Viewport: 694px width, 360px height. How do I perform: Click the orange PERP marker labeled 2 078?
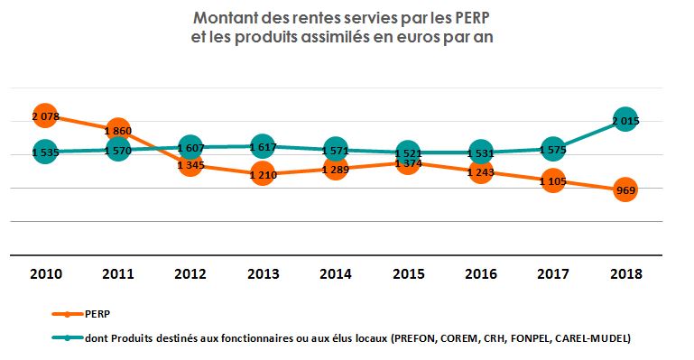pyautogui.click(x=45, y=116)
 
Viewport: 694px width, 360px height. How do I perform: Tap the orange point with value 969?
pyautogui.click(x=625, y=190)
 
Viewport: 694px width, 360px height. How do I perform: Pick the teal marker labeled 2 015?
pyautogui.click(x=625, y=120)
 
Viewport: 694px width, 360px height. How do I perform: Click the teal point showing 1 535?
pyautogui.click(x=45, y=152)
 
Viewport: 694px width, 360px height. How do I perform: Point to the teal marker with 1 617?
pyautogui.click(x=263, y=146)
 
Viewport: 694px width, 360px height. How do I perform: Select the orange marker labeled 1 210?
pyautogui.click(x=263, y=174)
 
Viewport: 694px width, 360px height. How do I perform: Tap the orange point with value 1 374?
pyautogui.click(x=408, y=163)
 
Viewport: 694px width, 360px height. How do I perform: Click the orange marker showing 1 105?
pyautogui.click(x=552, y=181)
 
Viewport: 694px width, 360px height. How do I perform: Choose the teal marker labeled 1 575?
pyautogui.click(x=552, y=151)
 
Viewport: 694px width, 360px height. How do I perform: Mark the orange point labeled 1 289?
pyautogui.click(x=335, y=169)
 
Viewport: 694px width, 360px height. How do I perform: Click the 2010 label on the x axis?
pyautogui.click(x=45, y=274)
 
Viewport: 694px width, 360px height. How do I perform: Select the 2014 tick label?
pyautogui.click(x=335, y=274)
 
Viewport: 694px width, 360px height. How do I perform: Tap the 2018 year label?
pyautogui.click(x=625, y=274)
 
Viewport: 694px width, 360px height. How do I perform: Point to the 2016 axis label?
pyautogui.click(x=480, y=274)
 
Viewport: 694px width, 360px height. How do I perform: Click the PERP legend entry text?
pyautogui.click(x=98, y=315)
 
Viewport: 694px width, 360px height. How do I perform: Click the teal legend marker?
pyautogui.click(x=65, y=338)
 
